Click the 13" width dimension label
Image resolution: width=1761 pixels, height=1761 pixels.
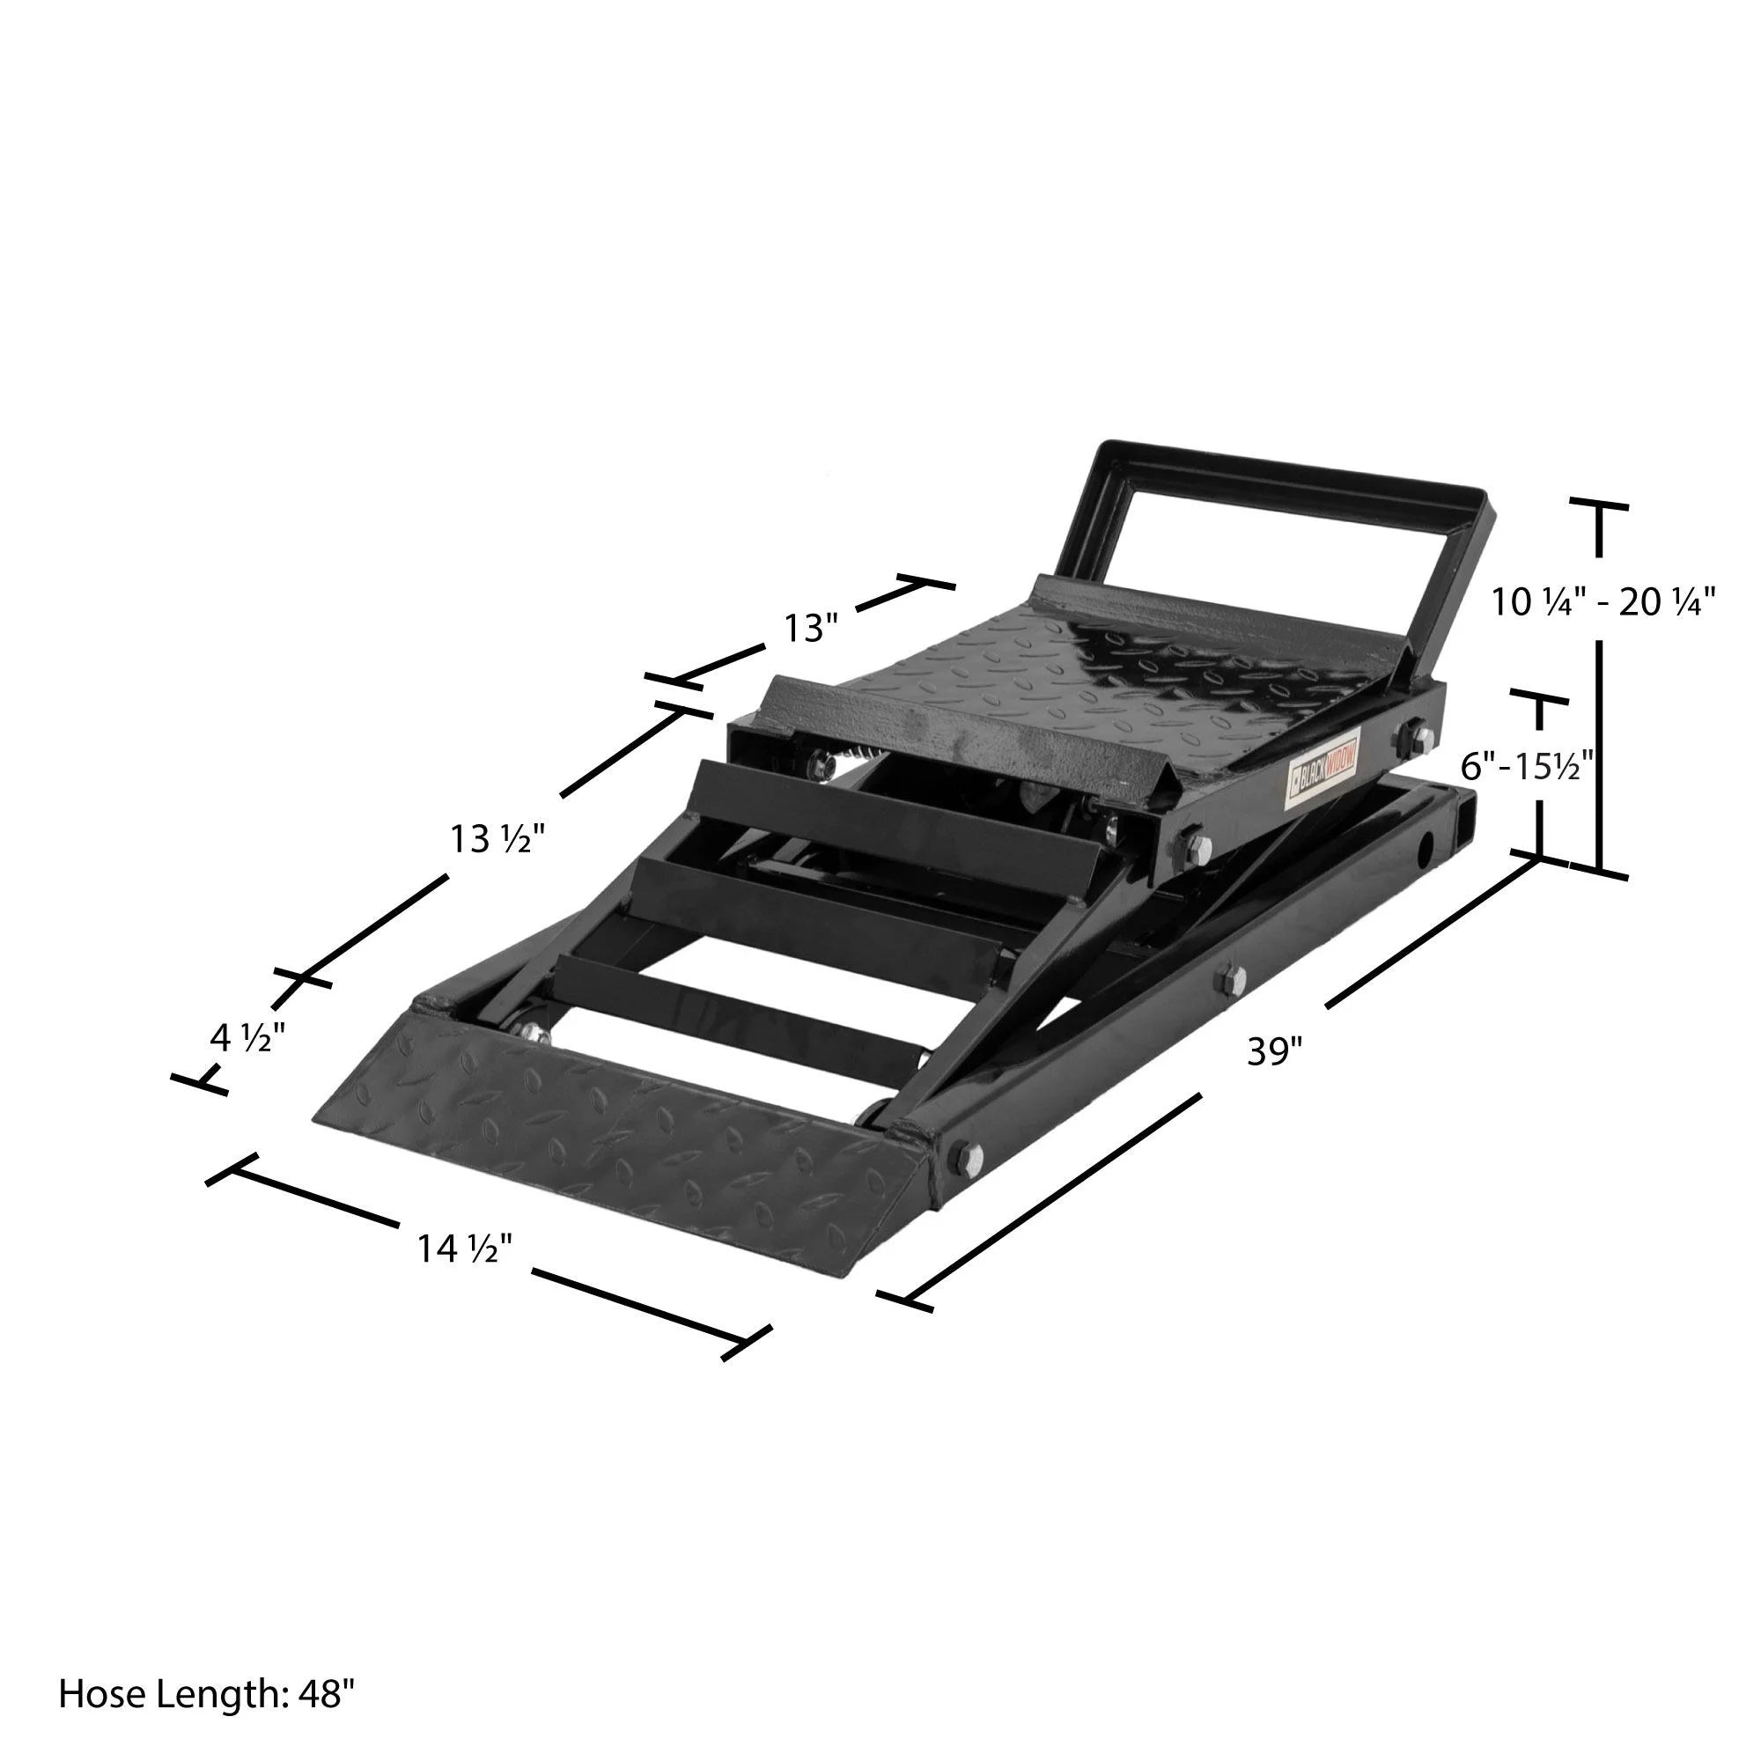pyautogui.click(x=810, y=628)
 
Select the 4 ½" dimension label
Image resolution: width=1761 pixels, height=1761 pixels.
pyautogui.click(x=247, y=1038)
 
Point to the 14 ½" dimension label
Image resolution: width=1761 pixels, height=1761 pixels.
pyautogui.click(x=465, y=1248)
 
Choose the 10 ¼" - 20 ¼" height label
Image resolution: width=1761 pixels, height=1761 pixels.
pyautogui.click(x=1603, y=602)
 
